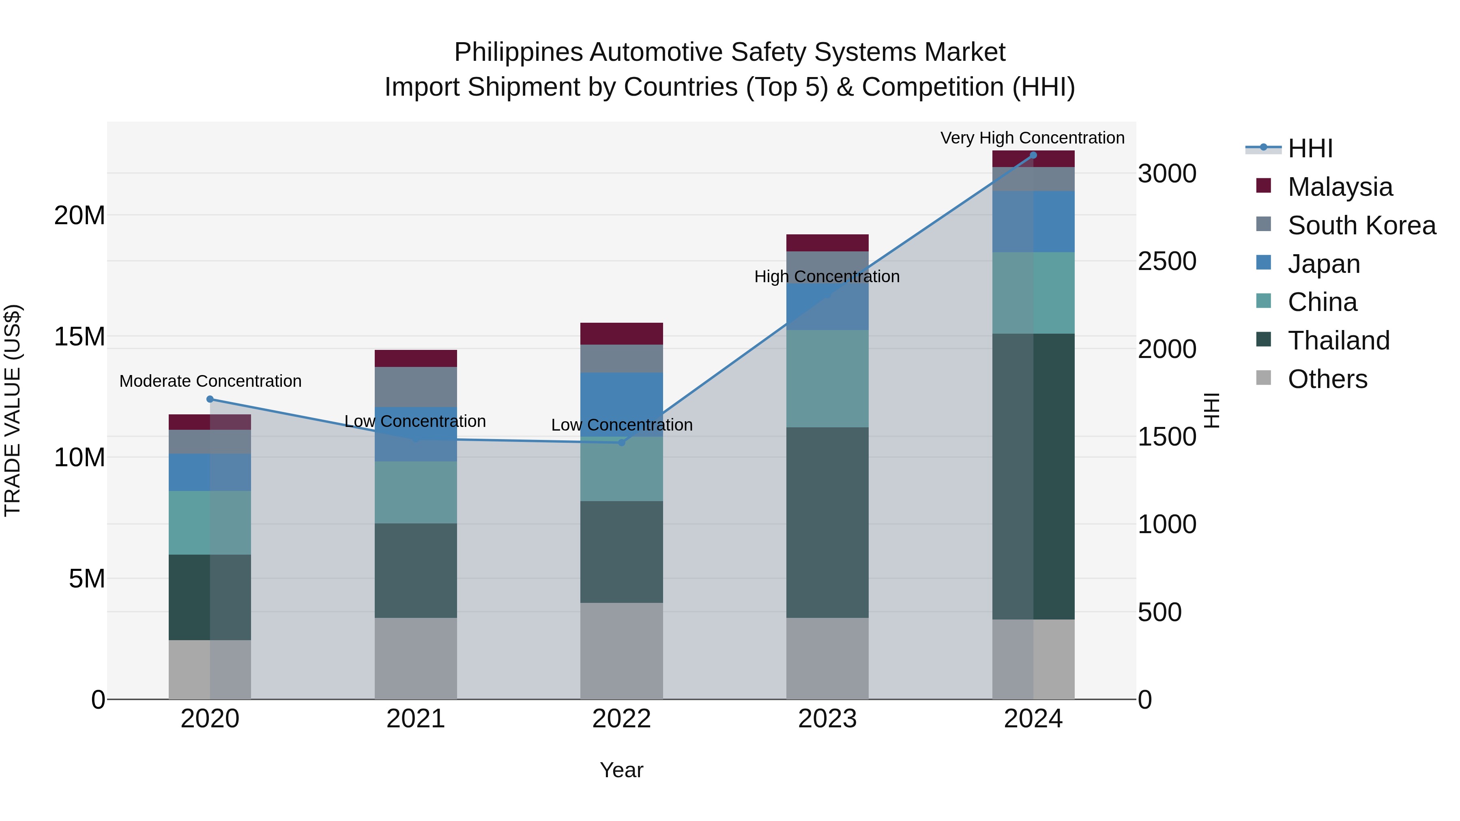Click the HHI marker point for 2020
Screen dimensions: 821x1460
(210, 399)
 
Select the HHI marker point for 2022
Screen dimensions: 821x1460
(621, 442)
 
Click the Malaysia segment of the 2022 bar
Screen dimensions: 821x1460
(621, 334)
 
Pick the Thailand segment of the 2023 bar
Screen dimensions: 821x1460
(827, 523)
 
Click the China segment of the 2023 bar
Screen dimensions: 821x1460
(827, 379)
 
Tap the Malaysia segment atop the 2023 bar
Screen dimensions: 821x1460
(827, 242)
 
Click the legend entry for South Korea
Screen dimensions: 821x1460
(1361, 225)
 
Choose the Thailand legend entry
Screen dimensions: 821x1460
(1338, 341)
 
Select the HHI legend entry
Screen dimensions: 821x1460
(1310, 148)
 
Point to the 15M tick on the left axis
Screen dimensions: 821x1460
(79, 337)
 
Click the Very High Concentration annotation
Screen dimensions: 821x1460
(1032, 138)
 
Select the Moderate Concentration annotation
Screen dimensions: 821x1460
(210, 382)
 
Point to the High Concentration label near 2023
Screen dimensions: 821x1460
(827, 277)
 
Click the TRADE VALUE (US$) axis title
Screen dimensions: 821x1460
(13, 410)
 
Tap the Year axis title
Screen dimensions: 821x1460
(621, 770)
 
